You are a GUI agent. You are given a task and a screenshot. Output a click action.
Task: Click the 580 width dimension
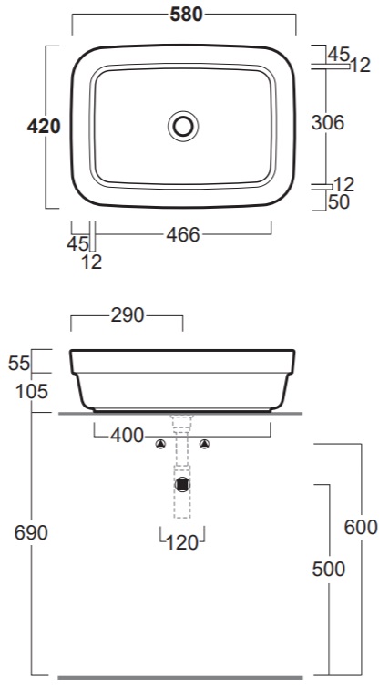186,15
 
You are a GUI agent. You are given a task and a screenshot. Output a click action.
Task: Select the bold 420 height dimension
44,127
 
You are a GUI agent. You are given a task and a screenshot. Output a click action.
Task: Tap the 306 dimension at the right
328,122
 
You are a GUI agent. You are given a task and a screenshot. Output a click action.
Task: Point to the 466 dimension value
183,234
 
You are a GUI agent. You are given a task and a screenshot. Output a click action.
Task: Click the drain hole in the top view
183,127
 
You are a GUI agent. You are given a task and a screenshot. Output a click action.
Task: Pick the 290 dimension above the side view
128,315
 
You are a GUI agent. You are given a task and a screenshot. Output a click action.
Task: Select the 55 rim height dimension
19,364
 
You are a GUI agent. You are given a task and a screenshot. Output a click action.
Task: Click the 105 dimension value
32,392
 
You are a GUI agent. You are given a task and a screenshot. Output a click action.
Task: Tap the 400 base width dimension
128,436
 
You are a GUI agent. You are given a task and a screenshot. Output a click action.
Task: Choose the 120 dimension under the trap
182,543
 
